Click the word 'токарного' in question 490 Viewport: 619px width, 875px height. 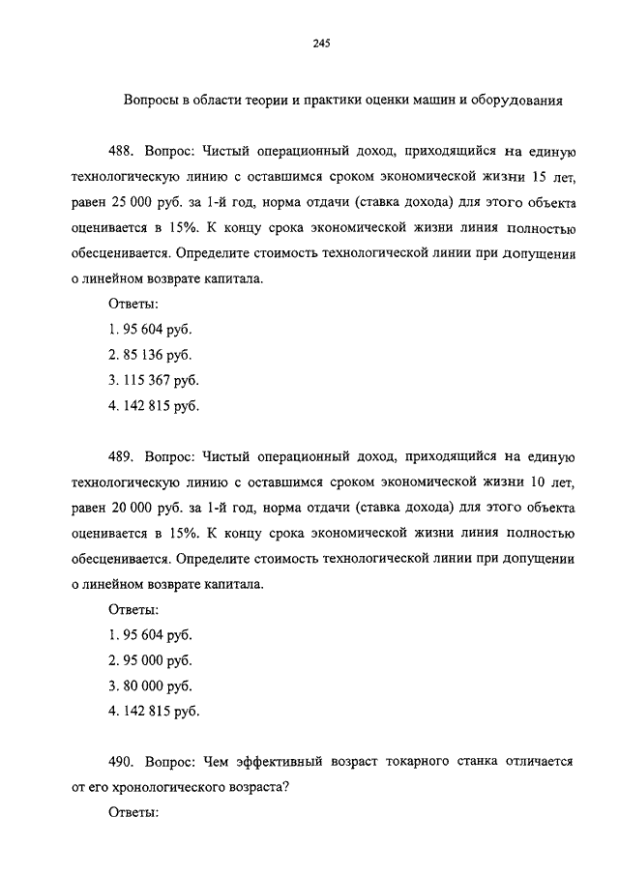click(x=383, y=761)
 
